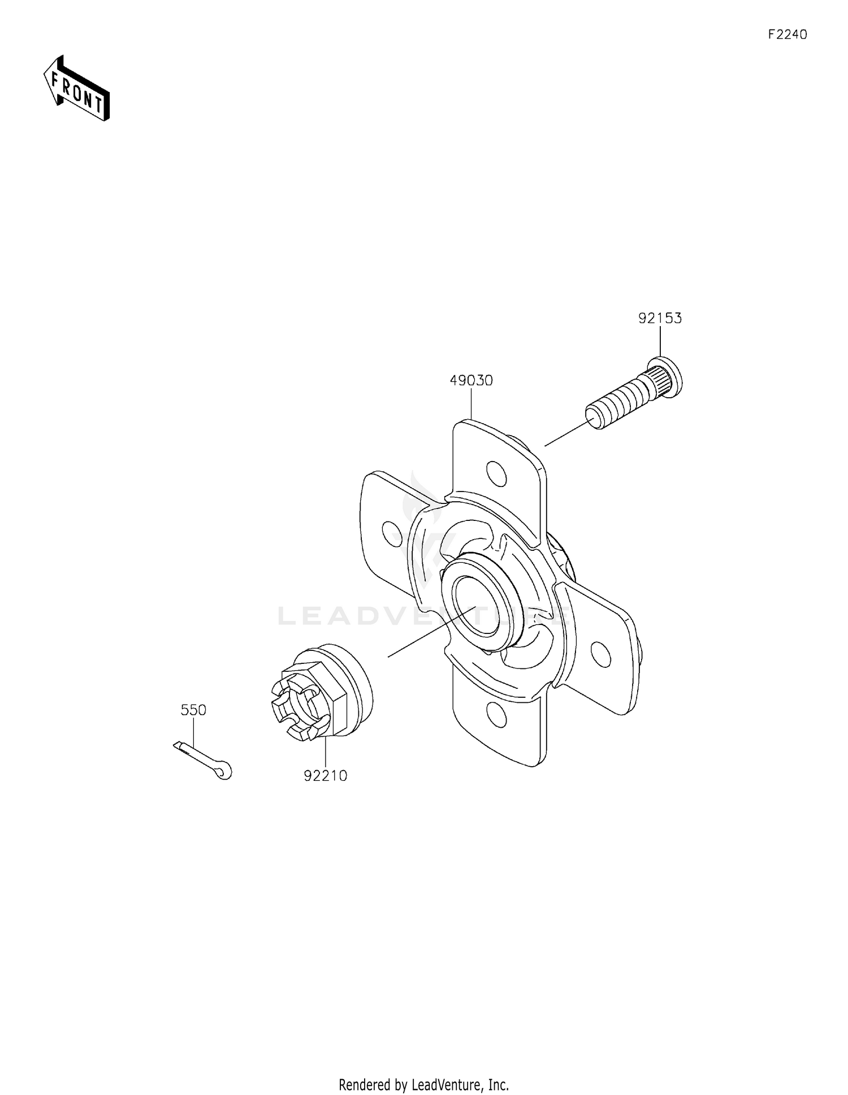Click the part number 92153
(660, 319)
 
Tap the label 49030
(471, 381)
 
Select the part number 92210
(325, 776)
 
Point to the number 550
(193, 710)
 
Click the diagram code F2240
(787, 35)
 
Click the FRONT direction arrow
(77, 88)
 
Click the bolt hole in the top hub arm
(496, 473)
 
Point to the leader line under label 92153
(660, 342)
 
